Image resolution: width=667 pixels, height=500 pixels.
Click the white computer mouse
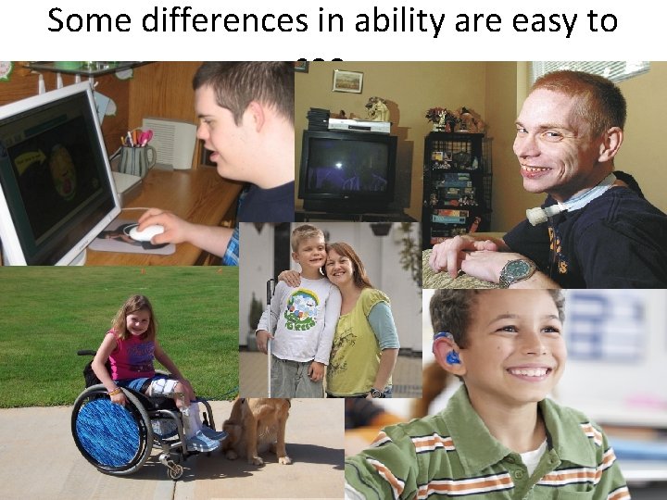point(145,232)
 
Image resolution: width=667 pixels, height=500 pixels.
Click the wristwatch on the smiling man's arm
point(515,272)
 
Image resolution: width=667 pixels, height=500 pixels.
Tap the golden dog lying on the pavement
point(257,429)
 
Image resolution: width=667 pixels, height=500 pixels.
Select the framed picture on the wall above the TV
point(347,81)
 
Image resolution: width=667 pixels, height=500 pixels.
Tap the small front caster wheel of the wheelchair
point(172,470)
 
